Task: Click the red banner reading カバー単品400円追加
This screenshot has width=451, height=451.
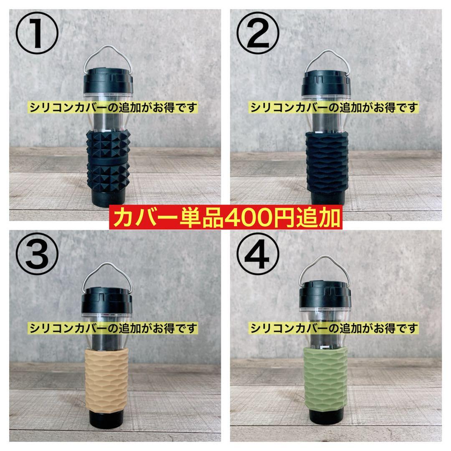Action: [x=225, y=218]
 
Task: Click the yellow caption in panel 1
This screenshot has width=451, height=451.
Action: [x=114, y=107]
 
